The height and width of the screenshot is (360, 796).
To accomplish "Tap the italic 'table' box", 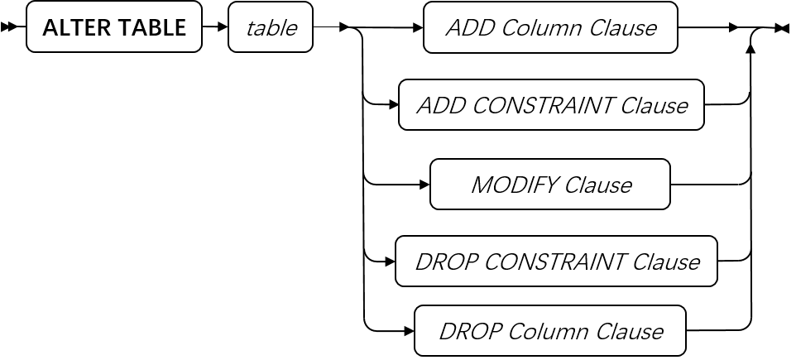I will [271, 28].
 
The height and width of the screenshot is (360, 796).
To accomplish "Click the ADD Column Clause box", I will [550, 28].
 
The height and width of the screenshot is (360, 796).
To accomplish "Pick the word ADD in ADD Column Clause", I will [467, 28].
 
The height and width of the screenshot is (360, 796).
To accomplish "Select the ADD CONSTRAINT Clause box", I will [551, 106].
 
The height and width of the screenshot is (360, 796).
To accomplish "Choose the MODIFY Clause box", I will [550, 185].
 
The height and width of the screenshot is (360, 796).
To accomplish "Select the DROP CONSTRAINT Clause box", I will [556, 262].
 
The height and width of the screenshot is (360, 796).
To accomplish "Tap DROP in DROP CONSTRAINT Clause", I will [445, 262].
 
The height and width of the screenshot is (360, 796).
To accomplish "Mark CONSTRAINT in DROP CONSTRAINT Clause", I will [554, 262].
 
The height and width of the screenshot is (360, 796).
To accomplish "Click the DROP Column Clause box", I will [550, 332].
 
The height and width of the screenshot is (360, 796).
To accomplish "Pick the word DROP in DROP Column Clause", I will [469, 332].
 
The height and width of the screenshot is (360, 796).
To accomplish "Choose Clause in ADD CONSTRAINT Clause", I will [654, 106].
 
